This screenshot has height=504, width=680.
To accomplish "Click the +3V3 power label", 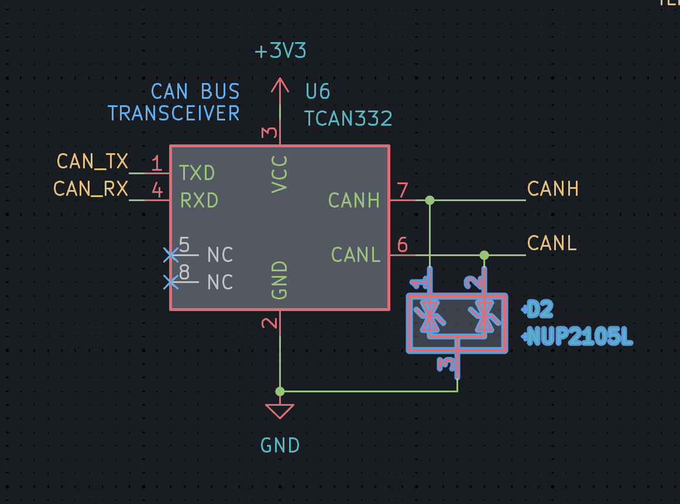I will point(281,51).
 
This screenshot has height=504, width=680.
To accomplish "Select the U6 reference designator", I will point(318,91).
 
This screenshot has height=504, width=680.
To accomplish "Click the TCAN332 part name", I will point(348,119).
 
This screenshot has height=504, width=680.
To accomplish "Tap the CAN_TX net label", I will point(92,161).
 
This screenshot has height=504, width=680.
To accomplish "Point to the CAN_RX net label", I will point(90,189).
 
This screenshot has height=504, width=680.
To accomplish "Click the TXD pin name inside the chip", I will point(197,173).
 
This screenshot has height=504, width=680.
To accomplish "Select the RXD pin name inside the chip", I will point(199,201).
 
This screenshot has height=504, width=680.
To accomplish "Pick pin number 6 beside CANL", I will point(402,244).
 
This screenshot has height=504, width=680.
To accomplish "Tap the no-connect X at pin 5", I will point(171,255).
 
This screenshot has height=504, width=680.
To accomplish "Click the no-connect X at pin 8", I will point(171,282).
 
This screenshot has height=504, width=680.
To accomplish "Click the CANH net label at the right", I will point(552,189).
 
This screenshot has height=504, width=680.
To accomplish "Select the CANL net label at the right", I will point(552,243).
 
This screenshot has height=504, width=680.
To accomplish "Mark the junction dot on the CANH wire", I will point(430,201).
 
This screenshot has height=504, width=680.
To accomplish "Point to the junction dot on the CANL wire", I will point(484,255).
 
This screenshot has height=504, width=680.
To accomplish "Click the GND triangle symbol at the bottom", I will point(280,412).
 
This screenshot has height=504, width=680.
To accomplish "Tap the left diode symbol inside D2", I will point(431,316).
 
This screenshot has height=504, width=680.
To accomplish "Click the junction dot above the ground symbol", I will point(280,391).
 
